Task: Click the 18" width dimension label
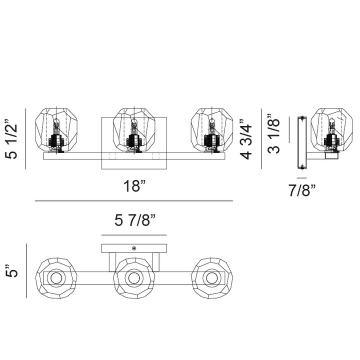135,185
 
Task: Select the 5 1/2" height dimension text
11,138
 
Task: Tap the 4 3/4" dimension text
246,139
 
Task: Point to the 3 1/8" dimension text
273,133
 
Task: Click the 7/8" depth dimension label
302,190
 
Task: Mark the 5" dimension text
11,271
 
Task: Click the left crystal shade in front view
56,130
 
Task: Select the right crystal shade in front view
212,130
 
